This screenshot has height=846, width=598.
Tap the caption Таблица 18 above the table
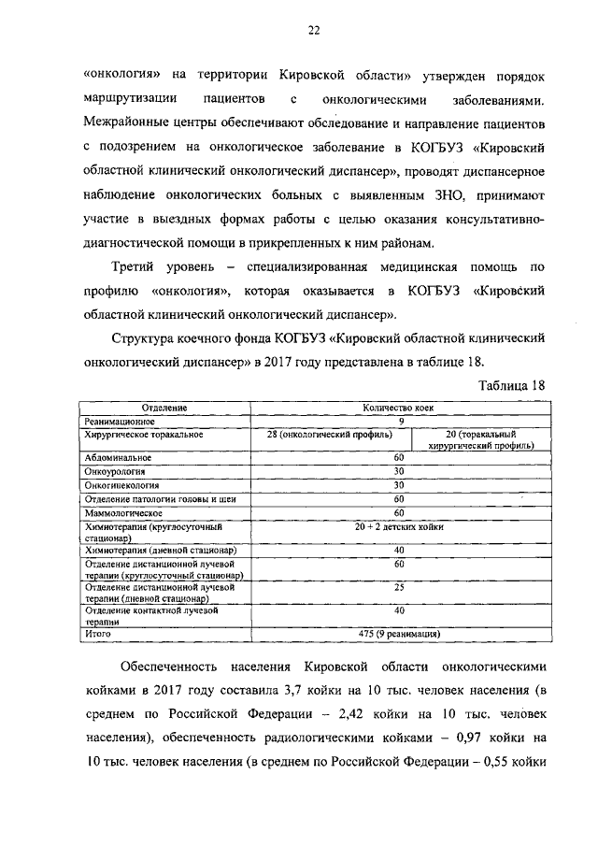(510, 385)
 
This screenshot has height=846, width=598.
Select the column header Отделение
(164, 409)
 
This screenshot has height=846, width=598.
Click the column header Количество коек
(399, 409)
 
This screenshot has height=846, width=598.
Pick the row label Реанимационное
(119, 422)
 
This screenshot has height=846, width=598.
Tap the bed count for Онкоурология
(399, 472)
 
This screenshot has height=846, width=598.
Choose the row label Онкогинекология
(121, 486)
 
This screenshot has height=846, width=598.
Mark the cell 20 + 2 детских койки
(399, 528)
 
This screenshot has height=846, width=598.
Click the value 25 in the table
(399, 587)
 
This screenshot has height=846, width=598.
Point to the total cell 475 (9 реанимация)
(399, 633)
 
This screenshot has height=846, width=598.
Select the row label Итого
(97, 633)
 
